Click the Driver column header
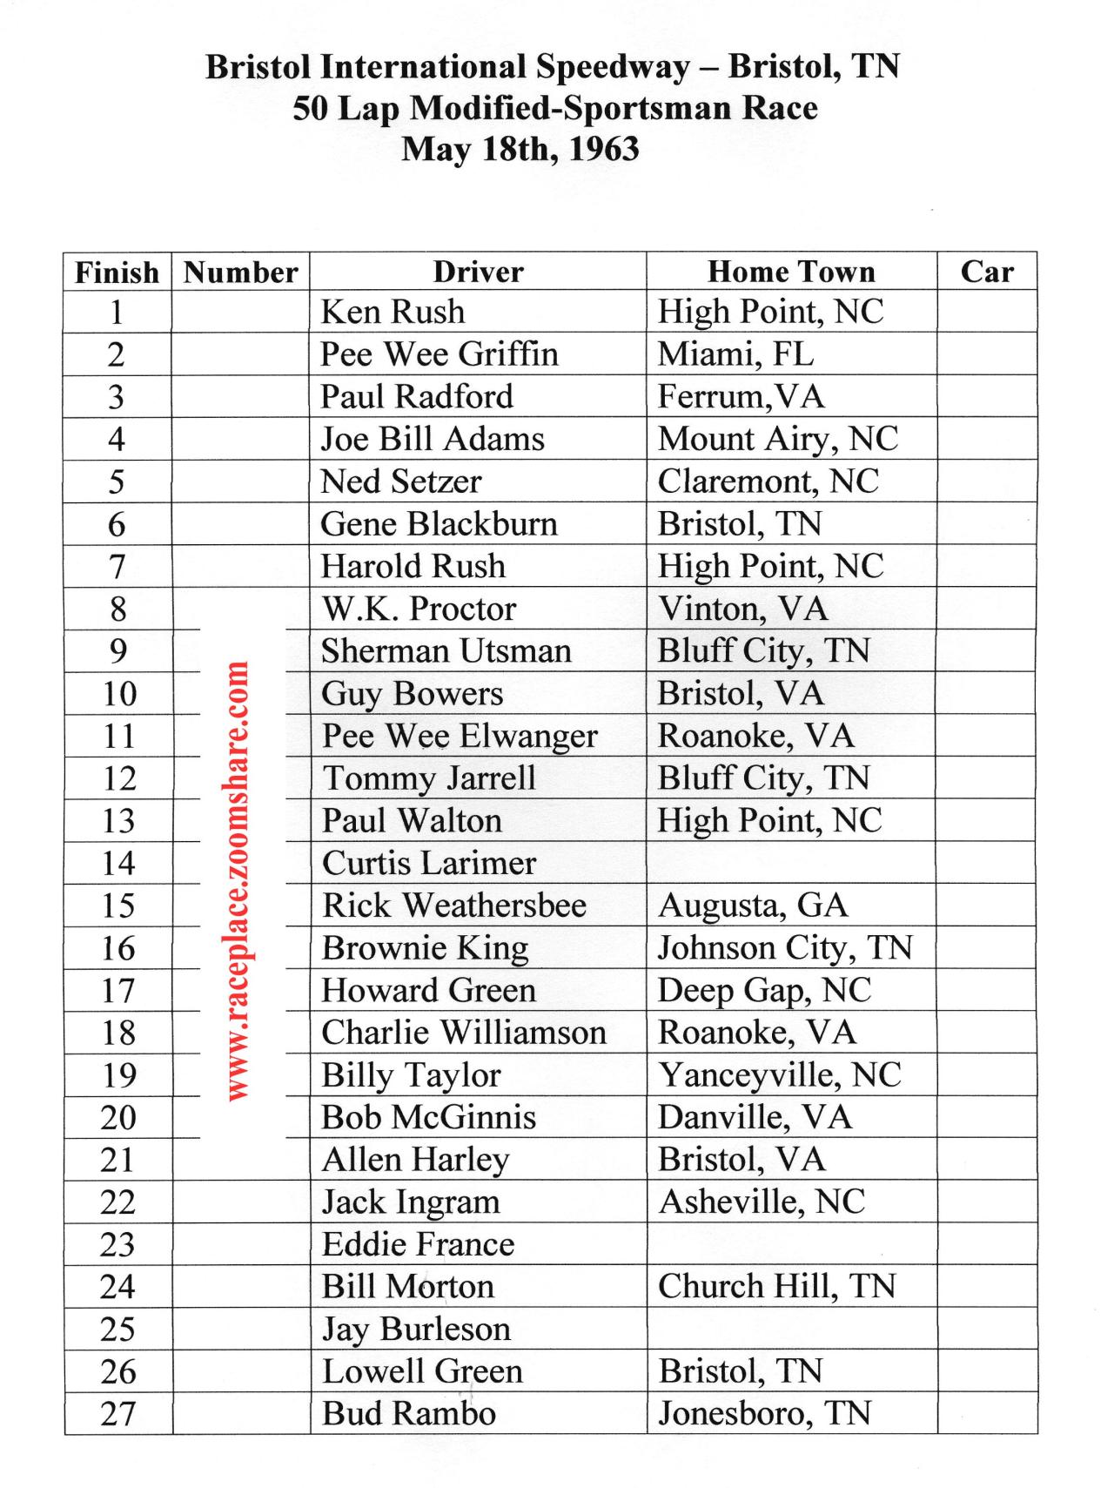(478, 272)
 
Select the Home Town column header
(791, 272)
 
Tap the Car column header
(987, 272)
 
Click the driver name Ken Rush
(393, 312)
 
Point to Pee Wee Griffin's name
(439, 354)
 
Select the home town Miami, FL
(735, 354)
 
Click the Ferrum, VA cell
(741, 397)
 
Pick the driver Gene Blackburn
(439, 524)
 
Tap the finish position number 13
(118, 821)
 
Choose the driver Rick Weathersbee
(453, 906)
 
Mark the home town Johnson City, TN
(784, 948)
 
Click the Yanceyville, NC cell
(779, 1075)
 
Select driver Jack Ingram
(411, 1202)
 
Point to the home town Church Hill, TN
(776, 1287)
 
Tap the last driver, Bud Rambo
(408, 1414)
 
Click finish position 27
(118, 1414)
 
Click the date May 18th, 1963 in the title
(520, 149)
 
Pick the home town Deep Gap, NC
(764, 991)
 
